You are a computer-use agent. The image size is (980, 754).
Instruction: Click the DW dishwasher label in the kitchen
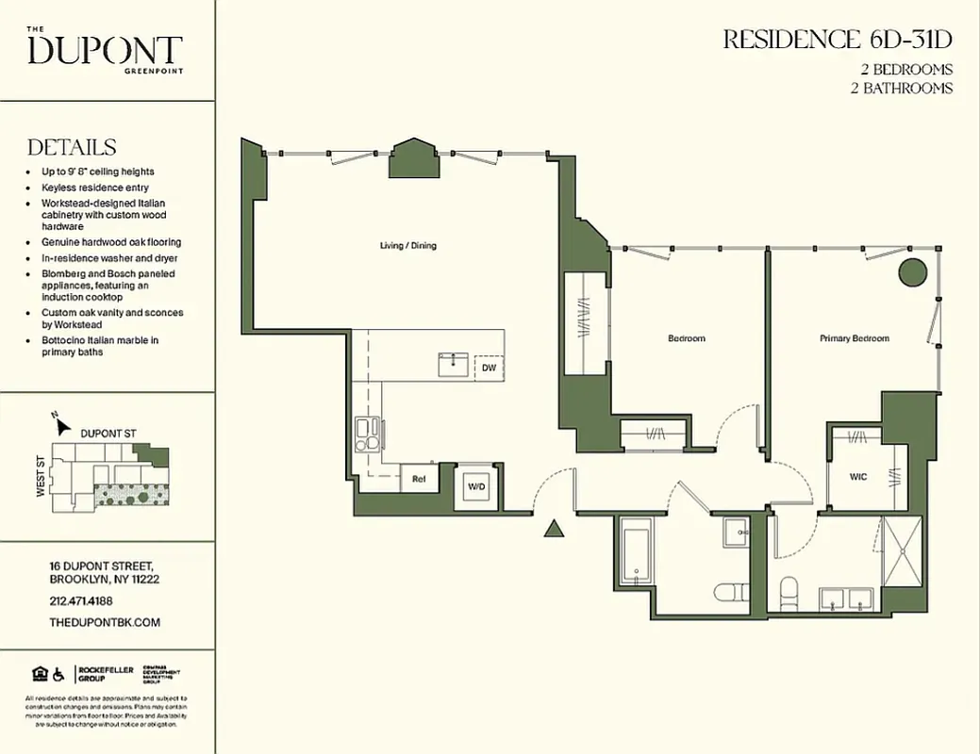click(489, 368)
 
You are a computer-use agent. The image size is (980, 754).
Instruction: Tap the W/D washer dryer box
click(476, 487)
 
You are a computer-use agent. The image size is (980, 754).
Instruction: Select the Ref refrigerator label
click(420, 479)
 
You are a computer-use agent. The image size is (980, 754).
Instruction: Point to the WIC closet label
click(858, 477)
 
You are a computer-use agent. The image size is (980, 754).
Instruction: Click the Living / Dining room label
click(407, 246)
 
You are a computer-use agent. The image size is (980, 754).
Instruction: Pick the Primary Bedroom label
click(854, 338)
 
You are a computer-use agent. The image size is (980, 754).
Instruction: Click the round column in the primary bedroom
click(911, 272)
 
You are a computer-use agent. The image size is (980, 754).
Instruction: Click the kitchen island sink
click(452, 363)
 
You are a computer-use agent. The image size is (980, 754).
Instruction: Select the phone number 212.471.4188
click(80, 600)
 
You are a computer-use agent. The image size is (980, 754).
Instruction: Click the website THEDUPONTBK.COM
click(104, 622)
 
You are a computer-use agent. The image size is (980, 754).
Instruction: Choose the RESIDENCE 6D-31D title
click(837, 40)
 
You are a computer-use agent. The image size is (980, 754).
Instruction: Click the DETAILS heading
click(72, 148)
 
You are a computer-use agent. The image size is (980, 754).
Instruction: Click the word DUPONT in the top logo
click(105, 50)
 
